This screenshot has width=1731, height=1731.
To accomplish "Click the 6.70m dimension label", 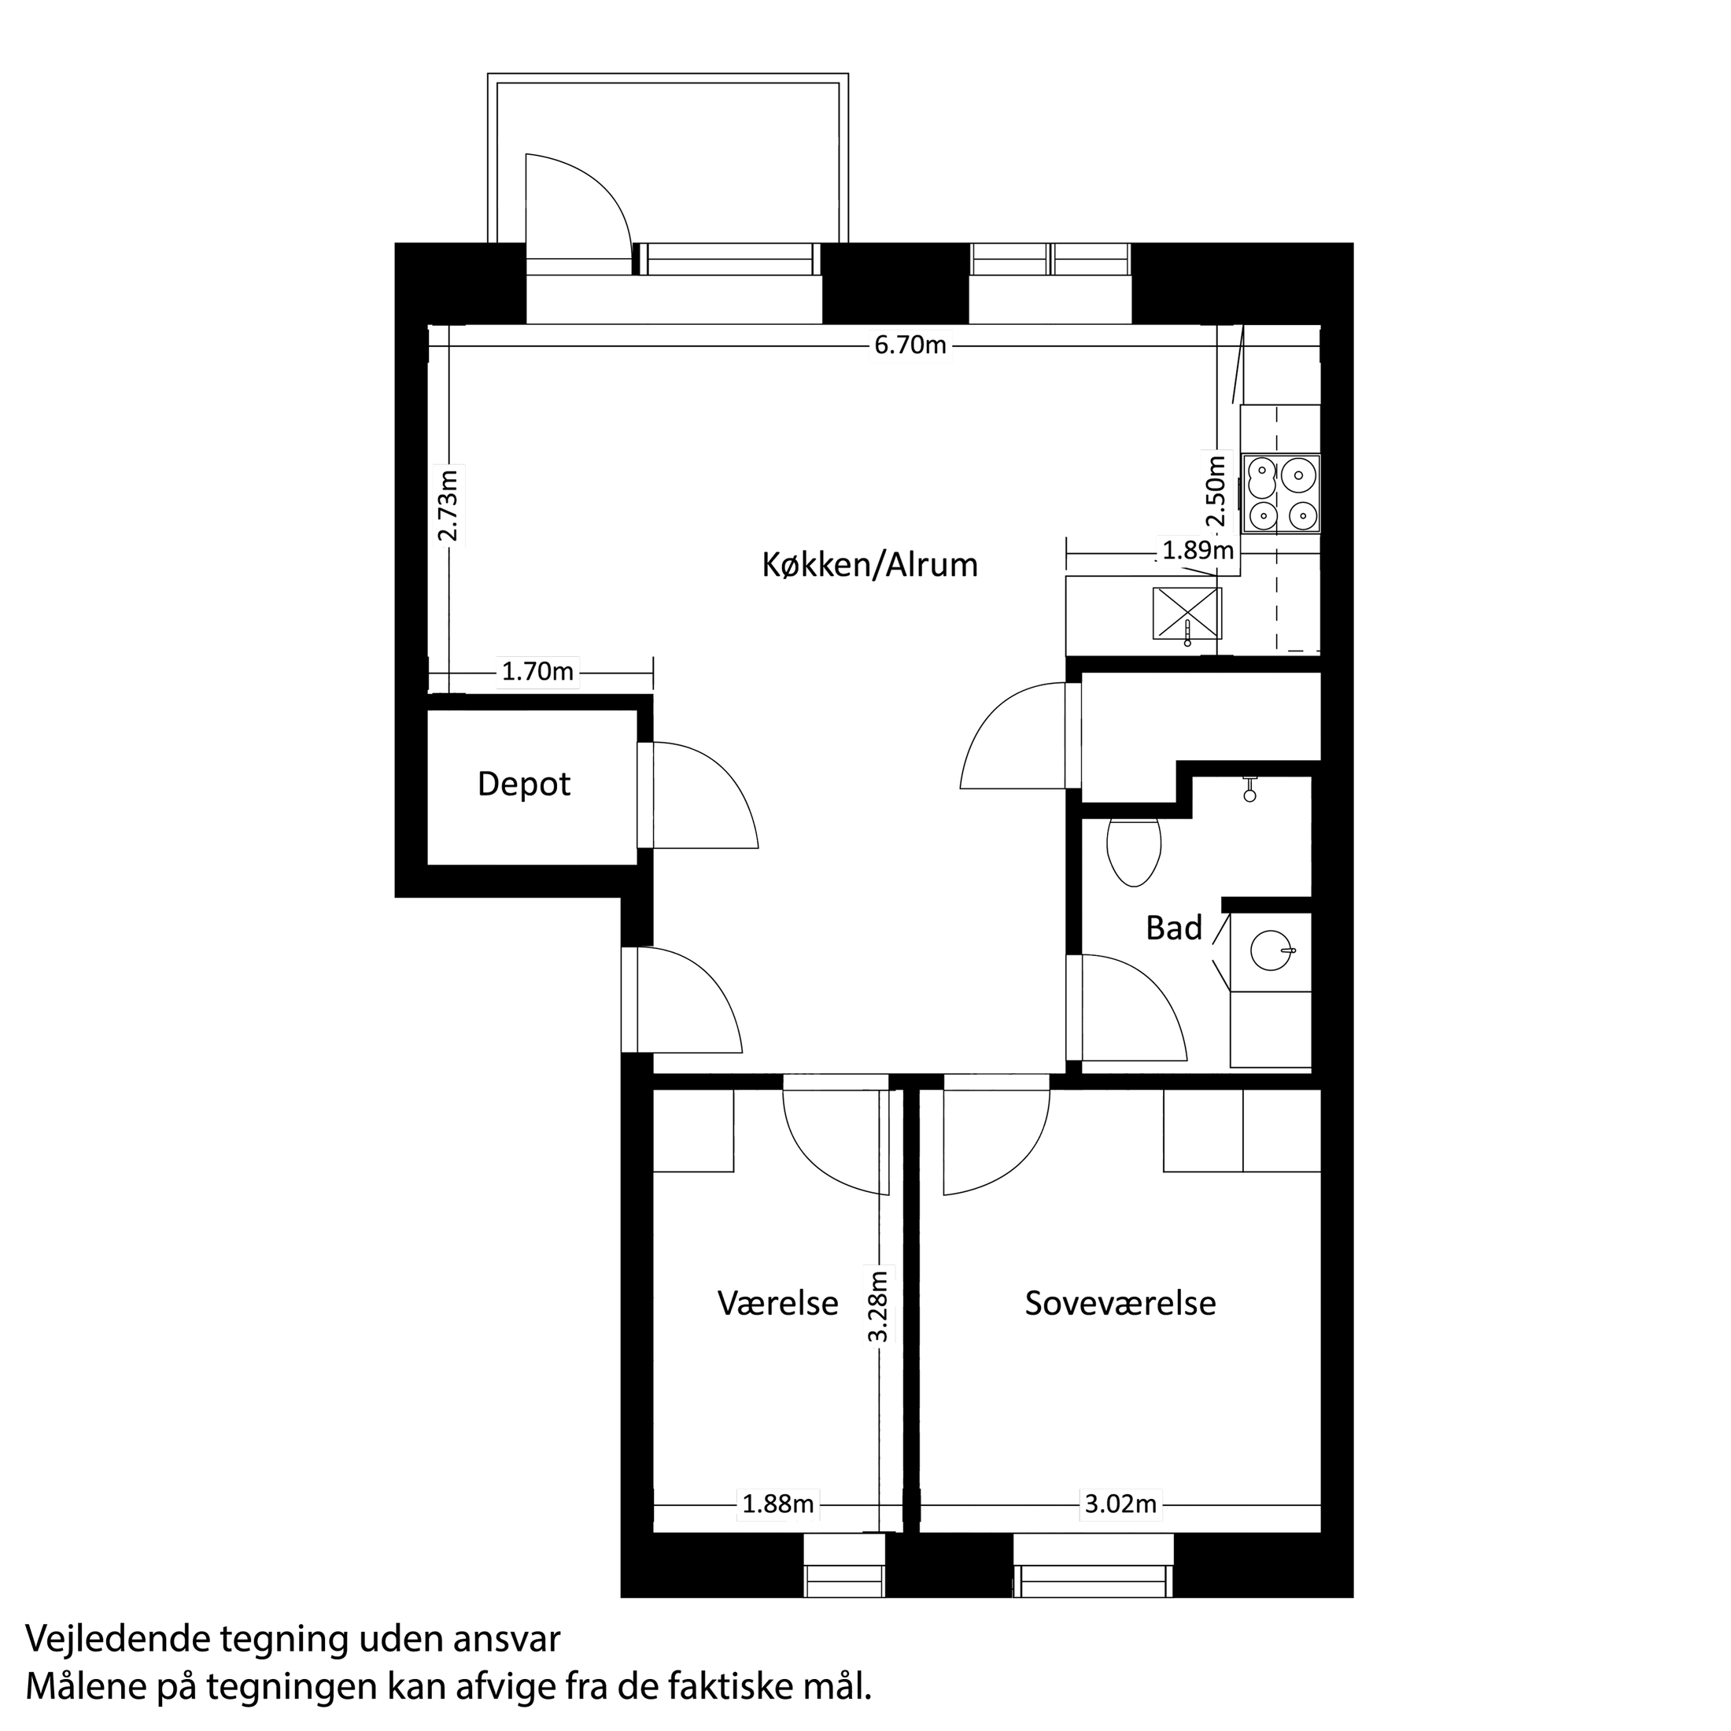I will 910,345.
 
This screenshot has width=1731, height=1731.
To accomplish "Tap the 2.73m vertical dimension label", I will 448,505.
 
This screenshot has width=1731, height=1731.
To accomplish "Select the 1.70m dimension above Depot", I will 537,671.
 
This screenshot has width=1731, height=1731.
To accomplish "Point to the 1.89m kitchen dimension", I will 1198,549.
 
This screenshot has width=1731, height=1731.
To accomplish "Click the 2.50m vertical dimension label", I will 1215,492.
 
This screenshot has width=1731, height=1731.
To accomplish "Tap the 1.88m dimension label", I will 777,1504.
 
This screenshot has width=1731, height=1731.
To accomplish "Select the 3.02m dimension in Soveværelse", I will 1121,1504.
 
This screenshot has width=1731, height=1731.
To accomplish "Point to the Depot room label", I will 524,784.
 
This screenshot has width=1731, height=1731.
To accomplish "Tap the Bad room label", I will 1174,928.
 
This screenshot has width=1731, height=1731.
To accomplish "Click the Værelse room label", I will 777,1303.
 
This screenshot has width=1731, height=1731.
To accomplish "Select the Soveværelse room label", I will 1120,1303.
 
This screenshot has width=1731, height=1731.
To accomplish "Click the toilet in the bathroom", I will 1135,851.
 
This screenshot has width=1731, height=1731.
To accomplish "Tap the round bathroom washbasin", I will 1271,950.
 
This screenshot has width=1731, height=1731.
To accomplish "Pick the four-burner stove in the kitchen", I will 1281,493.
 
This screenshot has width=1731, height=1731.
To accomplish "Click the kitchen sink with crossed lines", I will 1187,614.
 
